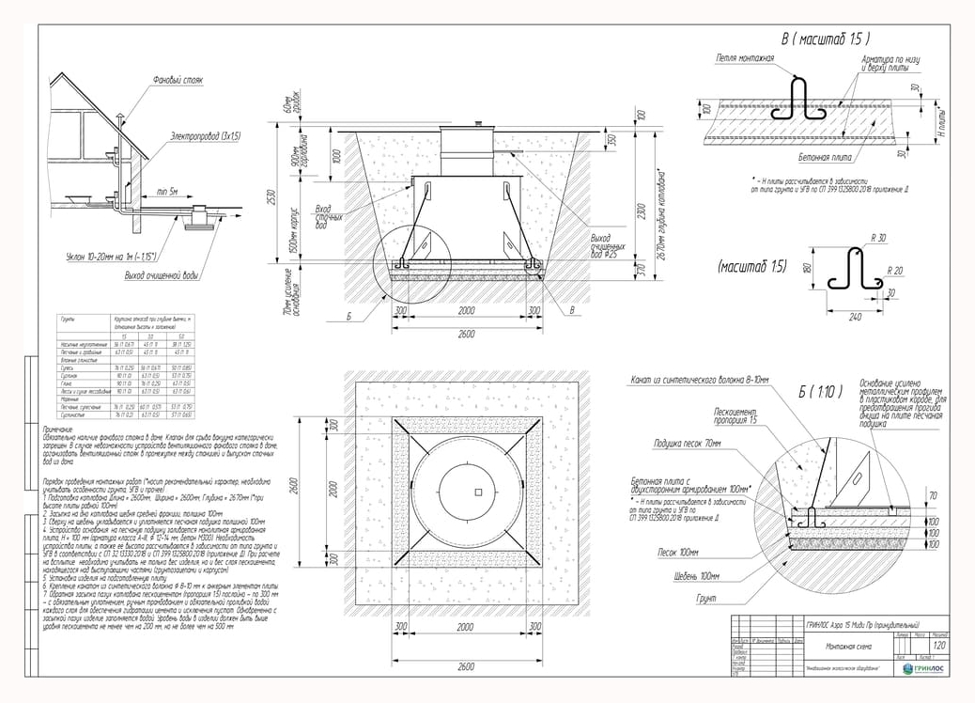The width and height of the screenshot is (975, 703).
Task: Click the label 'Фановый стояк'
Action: pos(178,81)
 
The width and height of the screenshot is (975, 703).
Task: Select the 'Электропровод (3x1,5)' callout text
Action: pos(206,137)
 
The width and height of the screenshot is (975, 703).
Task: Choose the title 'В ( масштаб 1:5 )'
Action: pos(825,39)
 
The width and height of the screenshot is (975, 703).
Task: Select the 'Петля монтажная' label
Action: pos(745,58)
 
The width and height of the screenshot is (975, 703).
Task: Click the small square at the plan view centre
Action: pos(477,492)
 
